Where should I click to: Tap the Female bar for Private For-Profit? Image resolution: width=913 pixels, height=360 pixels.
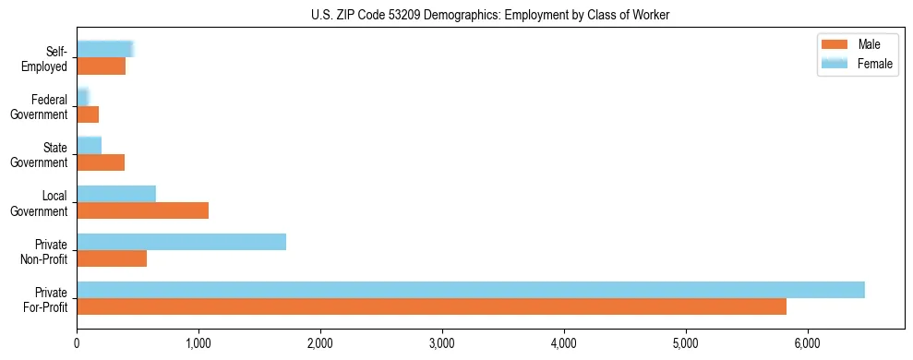click(471, 290)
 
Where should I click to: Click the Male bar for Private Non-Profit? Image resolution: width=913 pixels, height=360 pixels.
click(112, 258)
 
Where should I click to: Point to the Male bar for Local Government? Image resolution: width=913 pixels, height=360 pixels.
click(142, 210)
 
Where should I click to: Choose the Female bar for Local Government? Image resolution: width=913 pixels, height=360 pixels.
click(116, 194)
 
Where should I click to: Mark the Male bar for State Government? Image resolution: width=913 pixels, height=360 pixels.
click(101, 162)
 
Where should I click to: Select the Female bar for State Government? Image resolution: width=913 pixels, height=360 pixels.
click(89, 145)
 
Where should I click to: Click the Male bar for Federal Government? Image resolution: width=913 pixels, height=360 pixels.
click(88, 114)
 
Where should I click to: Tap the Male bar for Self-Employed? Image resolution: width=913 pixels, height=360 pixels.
click(101, 66)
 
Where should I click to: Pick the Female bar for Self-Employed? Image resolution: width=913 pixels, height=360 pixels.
click(105, 49)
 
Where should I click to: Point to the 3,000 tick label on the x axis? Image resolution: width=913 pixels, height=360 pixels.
click(442, 343)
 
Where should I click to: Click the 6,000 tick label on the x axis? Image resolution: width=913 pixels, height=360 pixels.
click(808, 343)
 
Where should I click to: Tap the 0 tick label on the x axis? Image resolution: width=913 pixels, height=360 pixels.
click(77, 343)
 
